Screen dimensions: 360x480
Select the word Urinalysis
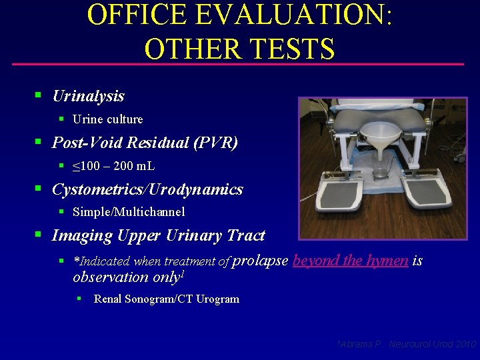coord(88,96)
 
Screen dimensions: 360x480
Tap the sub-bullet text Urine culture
coord(107,119)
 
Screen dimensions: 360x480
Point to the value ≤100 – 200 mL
coord(113,166)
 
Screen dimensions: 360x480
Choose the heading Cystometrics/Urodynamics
coord(147,189)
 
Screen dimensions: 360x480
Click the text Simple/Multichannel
coord(129,212)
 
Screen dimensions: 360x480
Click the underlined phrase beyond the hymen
coord(350,260)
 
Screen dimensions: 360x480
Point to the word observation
coord(110,277)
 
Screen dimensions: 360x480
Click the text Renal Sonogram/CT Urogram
coord(166,299)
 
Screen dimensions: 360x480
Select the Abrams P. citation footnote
coord(406,344)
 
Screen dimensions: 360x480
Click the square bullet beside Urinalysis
coord(39,97)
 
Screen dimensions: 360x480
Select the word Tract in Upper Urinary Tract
coord(246,235)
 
